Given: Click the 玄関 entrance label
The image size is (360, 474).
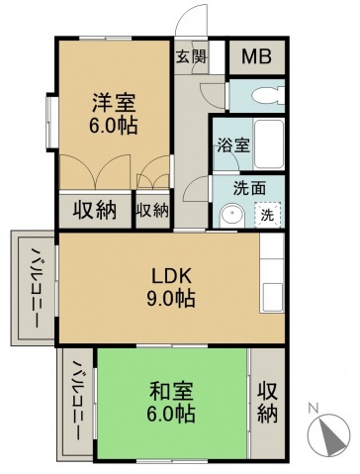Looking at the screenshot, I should coord(191,55).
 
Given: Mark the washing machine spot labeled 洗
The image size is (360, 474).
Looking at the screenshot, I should coord(268,214).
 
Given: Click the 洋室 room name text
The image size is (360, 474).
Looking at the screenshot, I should coord(114,101).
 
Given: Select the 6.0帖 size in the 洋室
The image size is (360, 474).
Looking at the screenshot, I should coord(114,126).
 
